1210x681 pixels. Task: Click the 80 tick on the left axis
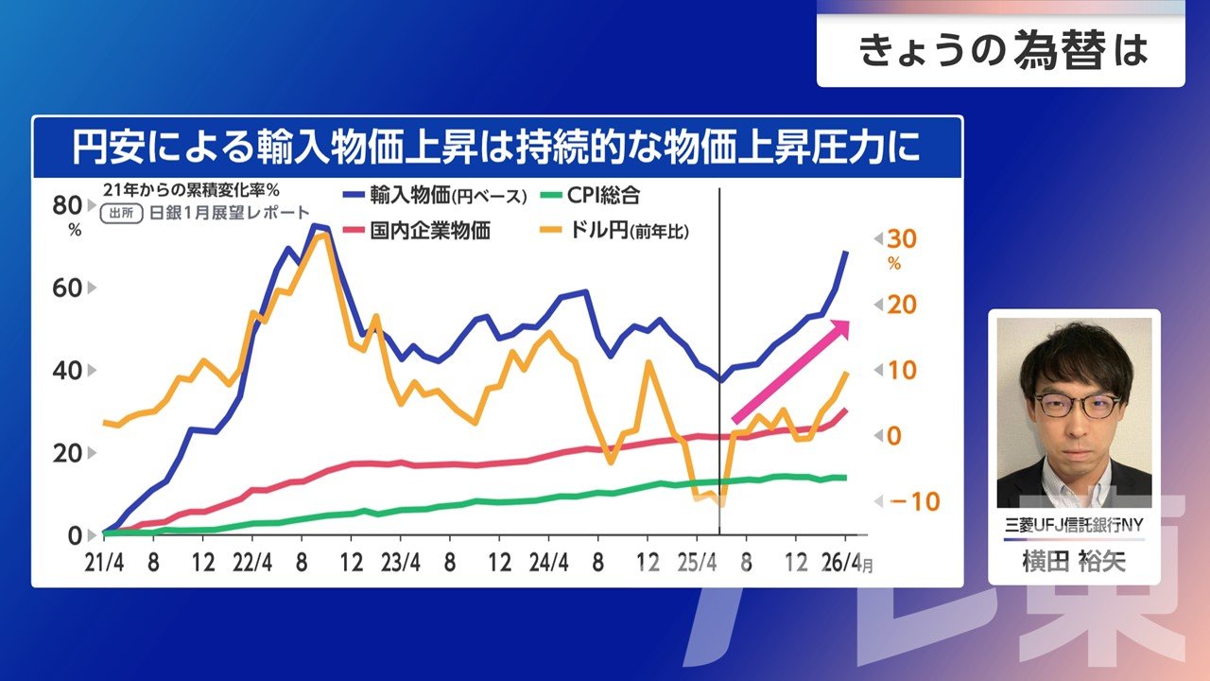67,205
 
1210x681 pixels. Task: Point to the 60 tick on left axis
67,288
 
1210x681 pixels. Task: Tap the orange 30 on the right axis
902,239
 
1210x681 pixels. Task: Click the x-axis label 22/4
252,563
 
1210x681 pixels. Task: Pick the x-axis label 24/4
549,563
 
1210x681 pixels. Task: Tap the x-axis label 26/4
841,563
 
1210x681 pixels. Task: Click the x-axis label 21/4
104,563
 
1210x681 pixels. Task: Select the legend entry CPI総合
591,195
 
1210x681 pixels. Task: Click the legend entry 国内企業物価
417,231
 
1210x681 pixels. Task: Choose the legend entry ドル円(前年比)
615,231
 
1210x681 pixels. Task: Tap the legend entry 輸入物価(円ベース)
435,195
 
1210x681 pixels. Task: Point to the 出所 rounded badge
122,214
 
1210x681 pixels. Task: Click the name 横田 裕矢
1074,562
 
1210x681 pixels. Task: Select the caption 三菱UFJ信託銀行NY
1074,525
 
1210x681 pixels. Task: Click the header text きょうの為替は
1003,51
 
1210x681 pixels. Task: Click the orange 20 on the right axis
902,306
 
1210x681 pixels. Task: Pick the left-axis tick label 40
67,371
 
